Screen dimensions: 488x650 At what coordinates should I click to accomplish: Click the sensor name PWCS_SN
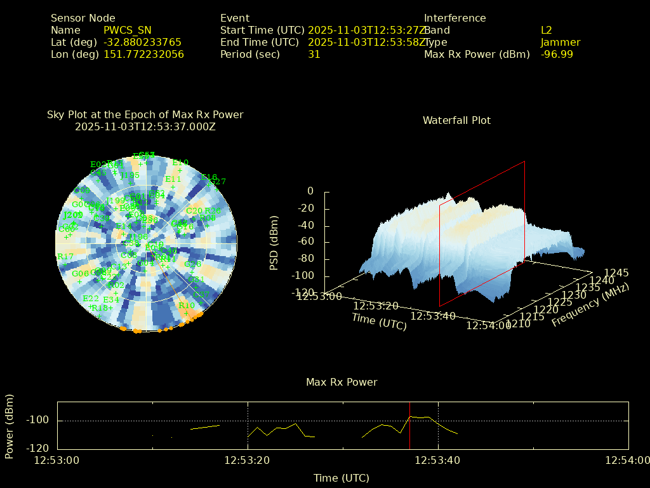point(128,30)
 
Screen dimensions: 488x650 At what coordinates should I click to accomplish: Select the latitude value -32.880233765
point(142,43)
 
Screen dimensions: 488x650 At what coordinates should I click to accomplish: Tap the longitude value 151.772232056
point(143,55)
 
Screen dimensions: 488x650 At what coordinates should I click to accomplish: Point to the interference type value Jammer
point(560,43)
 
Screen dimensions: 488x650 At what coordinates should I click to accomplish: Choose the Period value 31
point(314,55)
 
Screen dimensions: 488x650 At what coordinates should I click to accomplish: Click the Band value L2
point(547,30)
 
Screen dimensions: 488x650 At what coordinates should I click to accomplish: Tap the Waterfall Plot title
point(456,121)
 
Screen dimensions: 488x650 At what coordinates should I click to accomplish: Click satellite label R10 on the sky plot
point(187,306)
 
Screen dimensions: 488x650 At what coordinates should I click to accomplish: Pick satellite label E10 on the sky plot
point(180,163)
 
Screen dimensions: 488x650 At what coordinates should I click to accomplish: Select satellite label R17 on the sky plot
point(65,257)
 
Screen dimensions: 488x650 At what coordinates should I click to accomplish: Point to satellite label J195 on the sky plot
point(129,176)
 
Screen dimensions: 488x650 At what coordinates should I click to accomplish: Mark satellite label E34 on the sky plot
point(111,300)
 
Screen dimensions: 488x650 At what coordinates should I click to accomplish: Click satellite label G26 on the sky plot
point(186,227)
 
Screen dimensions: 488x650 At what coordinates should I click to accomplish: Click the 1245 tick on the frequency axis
point(616,273)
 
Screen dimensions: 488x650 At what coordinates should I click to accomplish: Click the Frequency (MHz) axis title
point(590,306)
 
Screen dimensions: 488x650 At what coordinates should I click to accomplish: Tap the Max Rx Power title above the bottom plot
point(342,383)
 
